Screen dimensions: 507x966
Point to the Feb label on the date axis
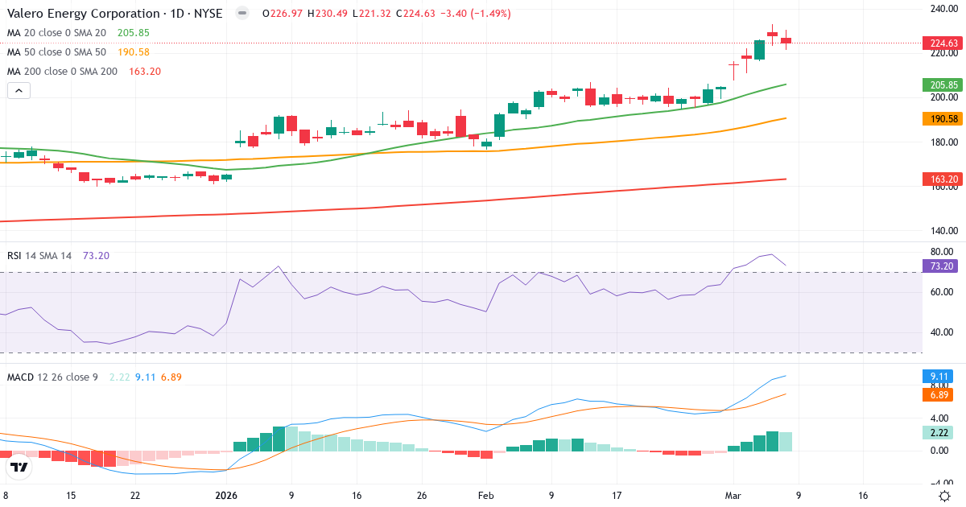coord(485,496)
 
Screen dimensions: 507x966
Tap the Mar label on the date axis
coord(733,496)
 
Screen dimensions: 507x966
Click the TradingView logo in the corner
coord(19,467)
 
